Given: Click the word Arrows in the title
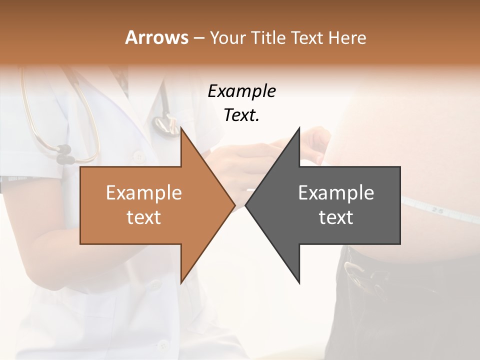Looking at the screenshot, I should (x=156, y=37).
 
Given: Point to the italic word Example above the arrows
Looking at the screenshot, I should (x=241, y=91).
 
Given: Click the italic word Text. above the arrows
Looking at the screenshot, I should (x=241, y=115).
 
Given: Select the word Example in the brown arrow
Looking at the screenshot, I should (x=144, y=192).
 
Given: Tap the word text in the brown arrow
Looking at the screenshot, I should (x=144, y=217).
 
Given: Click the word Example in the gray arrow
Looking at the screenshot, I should (x=336, y=192).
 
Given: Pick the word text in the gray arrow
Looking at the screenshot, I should (x=336, y=217).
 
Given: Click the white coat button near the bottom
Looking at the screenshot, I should (x=162, y=344).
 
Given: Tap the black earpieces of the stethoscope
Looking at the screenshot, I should (x=63, y=154).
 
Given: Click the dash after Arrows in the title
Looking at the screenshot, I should (x=197, y=38).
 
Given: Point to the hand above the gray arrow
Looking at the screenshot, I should (x=312, y=142).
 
